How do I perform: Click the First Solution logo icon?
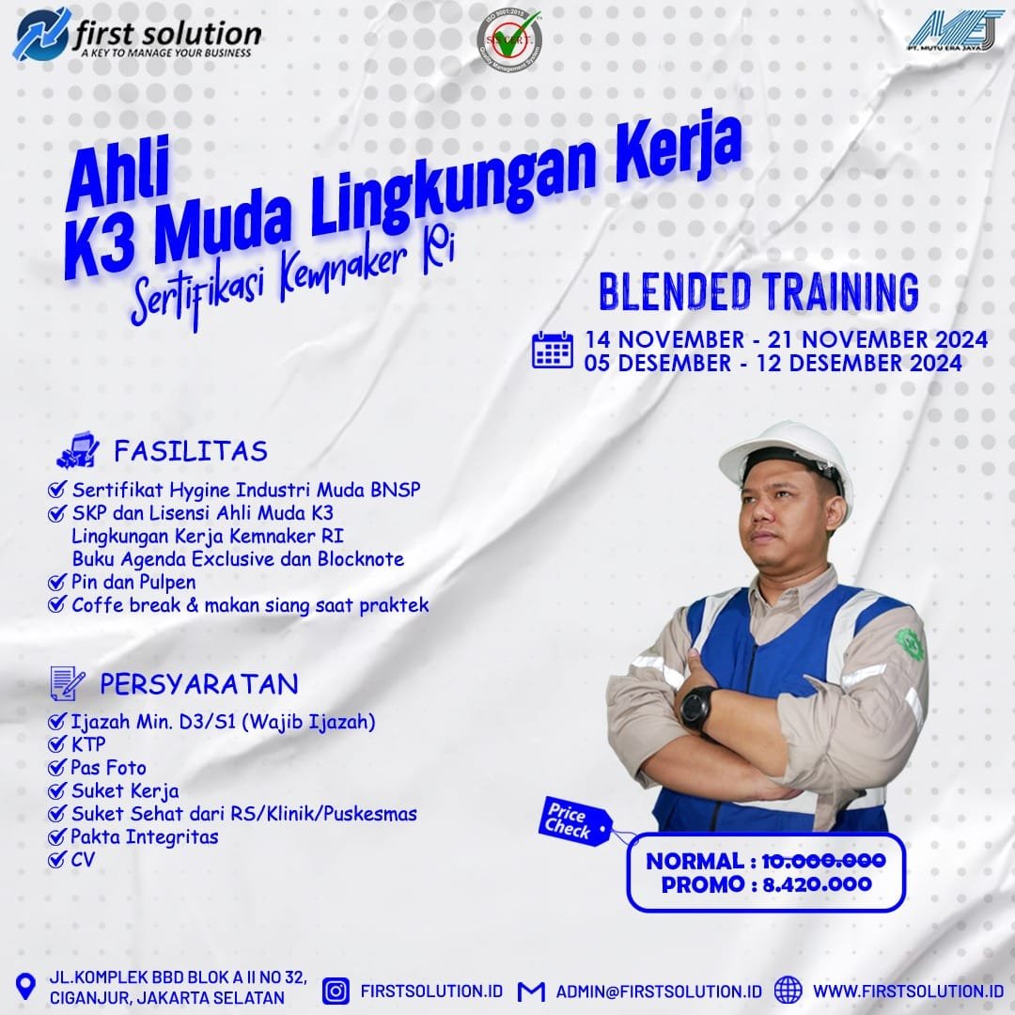43,33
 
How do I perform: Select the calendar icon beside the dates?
553,350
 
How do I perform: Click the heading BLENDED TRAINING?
757,292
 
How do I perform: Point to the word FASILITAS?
191,451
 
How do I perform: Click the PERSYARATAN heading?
199,683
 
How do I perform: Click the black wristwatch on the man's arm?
696,706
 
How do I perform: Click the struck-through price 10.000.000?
823,860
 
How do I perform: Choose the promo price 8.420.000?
818,884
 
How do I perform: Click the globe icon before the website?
788,991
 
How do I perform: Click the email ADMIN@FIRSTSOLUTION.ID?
658,992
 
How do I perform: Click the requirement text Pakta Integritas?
145,835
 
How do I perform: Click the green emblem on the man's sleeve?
908,644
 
